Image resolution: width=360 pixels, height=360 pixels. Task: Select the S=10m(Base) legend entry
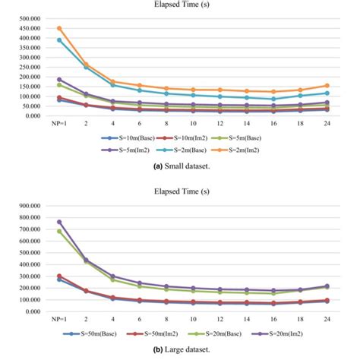coord(122,138)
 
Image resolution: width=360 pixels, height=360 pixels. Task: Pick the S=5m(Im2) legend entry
coord(122,150)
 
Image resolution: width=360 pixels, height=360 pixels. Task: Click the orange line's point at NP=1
coord(61,28)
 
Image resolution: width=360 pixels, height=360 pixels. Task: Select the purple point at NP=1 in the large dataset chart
coord(61,222)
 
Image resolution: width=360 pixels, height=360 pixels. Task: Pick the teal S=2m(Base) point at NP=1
coord(61,39)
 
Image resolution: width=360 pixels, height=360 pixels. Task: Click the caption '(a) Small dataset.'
coord(180,165)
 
